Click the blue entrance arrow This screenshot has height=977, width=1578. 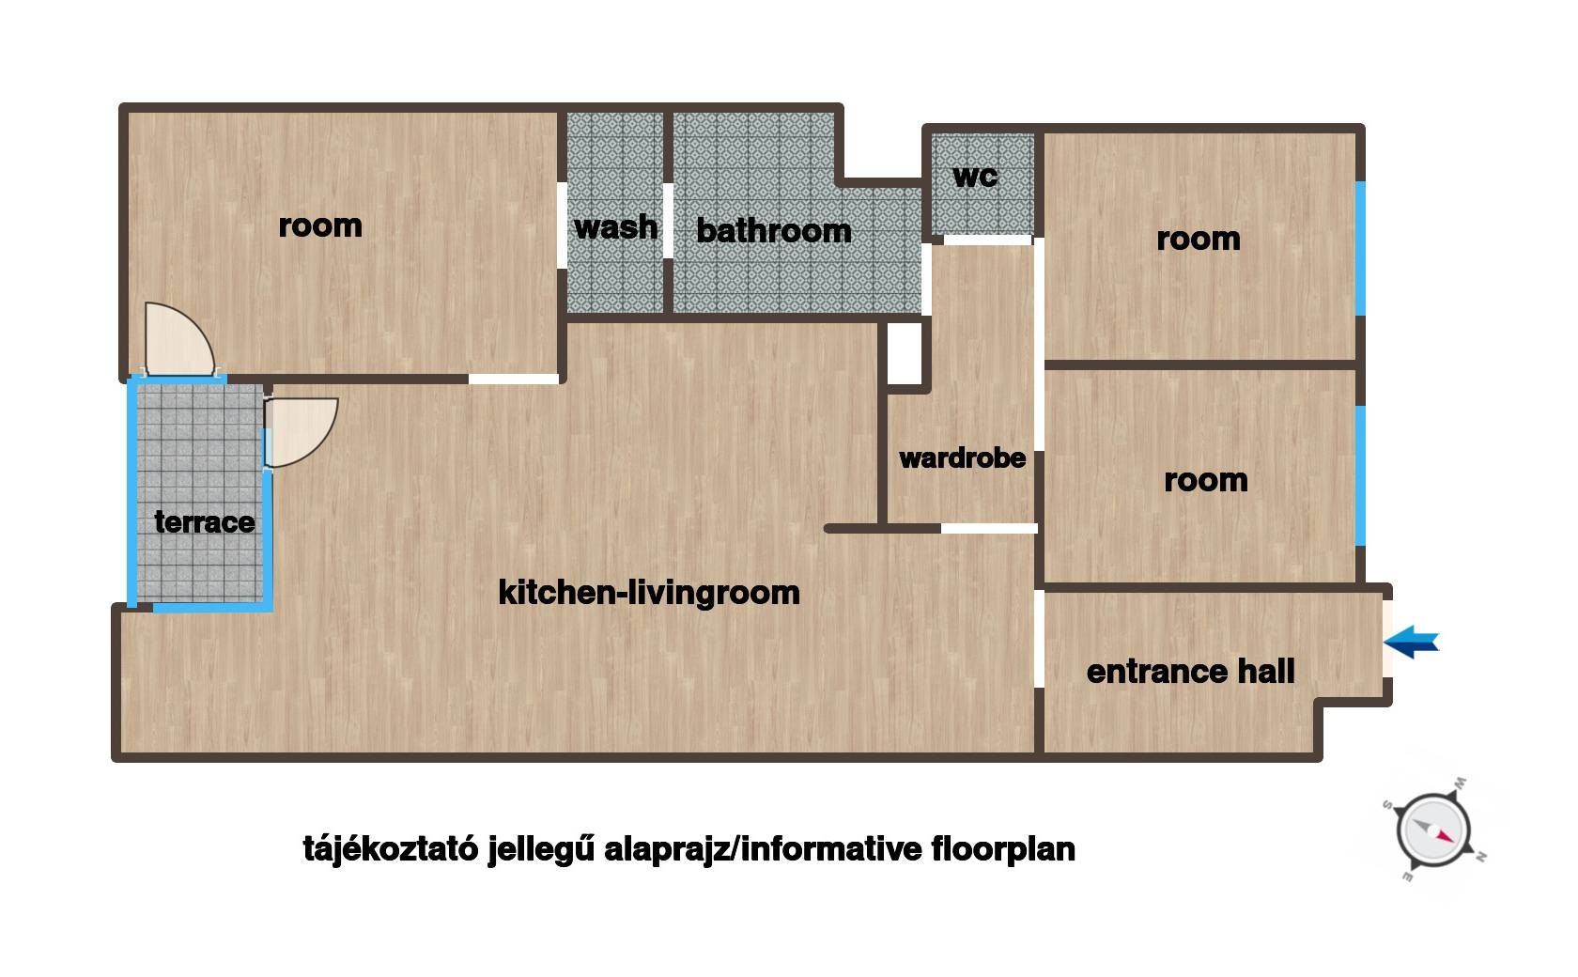point(1411,642)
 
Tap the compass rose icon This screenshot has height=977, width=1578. point(1434,830)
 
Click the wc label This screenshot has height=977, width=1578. point(975,176)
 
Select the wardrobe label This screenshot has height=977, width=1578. point(962,458)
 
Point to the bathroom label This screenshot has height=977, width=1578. point(774,230)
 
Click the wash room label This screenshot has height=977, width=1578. point(616,227)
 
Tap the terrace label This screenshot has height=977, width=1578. point(205,522)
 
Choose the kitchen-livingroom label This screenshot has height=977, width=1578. point(649,593)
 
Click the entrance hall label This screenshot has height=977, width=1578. point(1191,672)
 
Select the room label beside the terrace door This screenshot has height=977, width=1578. point(320,226)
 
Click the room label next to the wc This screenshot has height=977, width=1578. point(1199,240)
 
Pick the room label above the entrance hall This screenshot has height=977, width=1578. point(1206,480)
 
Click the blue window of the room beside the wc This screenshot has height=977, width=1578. point(1360,248)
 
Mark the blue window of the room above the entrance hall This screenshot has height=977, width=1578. point(1360,475)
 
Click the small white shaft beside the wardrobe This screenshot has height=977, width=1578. point(905,353)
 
